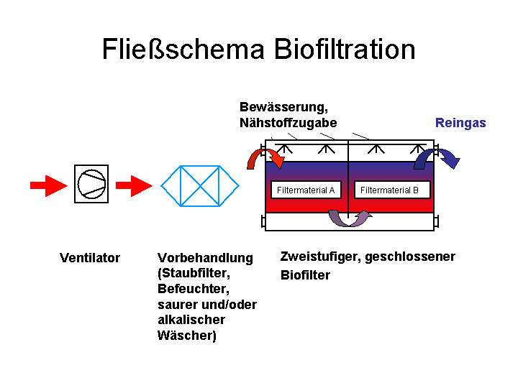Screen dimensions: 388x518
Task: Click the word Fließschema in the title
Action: click(183, 49)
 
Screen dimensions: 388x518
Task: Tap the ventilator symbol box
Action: click(91, 184)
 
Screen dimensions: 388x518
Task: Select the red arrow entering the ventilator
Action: click(48, 185)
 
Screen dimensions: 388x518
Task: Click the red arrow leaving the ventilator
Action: click(134, 185)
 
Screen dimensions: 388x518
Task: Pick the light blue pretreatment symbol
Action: click(200, 186)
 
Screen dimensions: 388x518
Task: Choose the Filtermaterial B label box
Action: click(392, 190)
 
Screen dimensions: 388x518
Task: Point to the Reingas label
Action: click(460, 123)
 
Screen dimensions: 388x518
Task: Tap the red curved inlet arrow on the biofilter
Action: click(260, 157)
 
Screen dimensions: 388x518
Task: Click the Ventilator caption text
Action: click(90, 258)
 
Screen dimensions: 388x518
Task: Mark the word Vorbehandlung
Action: click(205, 258)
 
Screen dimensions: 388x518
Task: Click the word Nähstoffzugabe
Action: click(288, 123)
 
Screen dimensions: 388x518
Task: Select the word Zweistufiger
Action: click(319, 257)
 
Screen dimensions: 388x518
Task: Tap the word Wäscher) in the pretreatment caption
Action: click(187, 336)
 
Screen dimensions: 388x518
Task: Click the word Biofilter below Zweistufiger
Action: click(305, 275)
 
